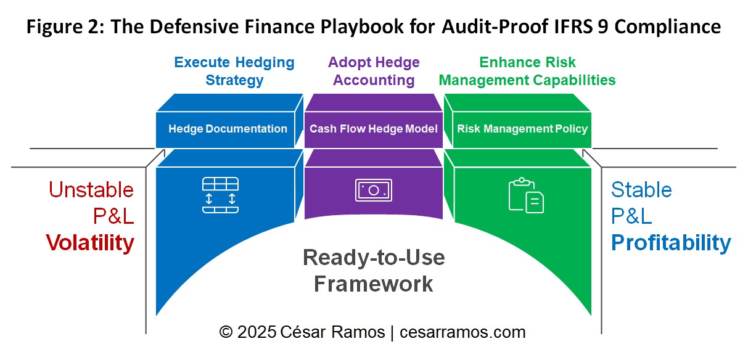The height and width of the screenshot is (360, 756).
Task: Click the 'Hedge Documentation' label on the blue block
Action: [228, 129]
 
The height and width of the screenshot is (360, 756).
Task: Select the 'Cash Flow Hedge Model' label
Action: [374, 129]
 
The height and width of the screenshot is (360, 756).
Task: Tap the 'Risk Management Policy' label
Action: [522, 129]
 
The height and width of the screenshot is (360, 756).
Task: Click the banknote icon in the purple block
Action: [373, 190]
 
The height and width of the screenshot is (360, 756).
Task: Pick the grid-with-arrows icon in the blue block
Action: [220, 195]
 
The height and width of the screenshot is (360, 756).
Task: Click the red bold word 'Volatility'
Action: [90, 243]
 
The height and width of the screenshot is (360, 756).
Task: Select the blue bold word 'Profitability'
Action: [671, 243]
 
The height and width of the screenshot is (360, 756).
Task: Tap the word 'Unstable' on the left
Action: [91, 189]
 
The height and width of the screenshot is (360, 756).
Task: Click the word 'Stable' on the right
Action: [641, 189]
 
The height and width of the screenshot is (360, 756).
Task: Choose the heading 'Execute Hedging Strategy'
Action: [234, 71]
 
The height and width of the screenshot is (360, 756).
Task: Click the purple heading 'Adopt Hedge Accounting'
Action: [374, 71]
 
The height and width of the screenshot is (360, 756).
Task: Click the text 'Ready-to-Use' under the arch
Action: [374, 257]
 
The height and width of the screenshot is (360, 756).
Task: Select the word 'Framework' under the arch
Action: [374, 284]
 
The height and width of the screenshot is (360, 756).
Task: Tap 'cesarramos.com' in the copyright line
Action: [462, 332]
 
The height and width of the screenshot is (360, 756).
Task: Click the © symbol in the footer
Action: [226, 332]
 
